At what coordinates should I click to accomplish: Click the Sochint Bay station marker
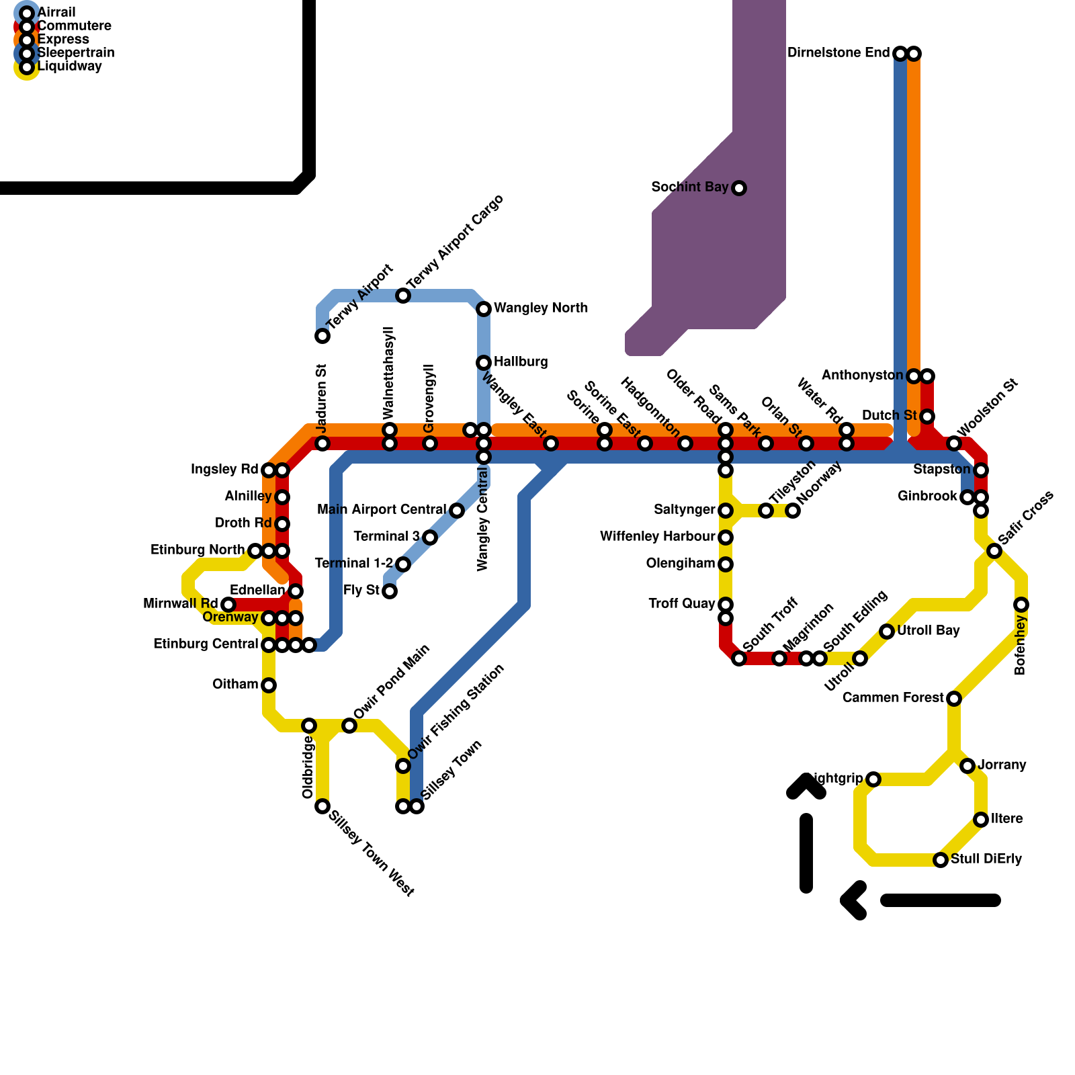739,188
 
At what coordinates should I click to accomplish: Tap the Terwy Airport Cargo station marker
403,296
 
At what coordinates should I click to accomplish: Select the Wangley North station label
541,308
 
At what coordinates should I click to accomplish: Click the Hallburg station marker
484,363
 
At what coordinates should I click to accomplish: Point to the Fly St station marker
390,591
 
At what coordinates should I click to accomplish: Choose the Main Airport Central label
382,510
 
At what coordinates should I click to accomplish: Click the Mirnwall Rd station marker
228,605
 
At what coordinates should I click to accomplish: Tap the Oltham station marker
269,685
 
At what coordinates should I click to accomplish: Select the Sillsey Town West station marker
322,806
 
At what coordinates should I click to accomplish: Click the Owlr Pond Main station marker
349,726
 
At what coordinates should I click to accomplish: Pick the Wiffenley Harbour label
657,537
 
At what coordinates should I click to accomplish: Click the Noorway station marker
793,511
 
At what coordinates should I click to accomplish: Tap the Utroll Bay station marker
887,632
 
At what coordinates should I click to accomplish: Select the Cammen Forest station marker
954,699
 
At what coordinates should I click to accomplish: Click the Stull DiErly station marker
941,860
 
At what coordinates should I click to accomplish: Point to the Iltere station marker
981,820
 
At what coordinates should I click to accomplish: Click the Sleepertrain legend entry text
76,53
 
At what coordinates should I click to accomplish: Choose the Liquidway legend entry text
70,67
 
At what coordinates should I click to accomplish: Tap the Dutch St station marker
927,417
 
